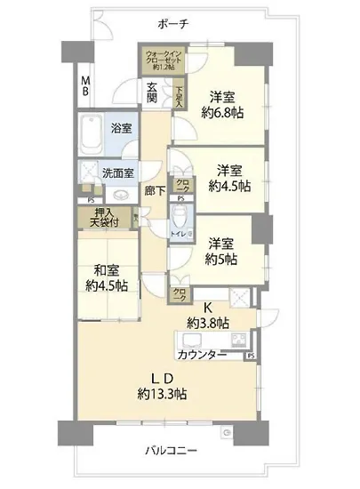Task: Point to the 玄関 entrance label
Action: coord(152,92)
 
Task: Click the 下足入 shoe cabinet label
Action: coord(178,94)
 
